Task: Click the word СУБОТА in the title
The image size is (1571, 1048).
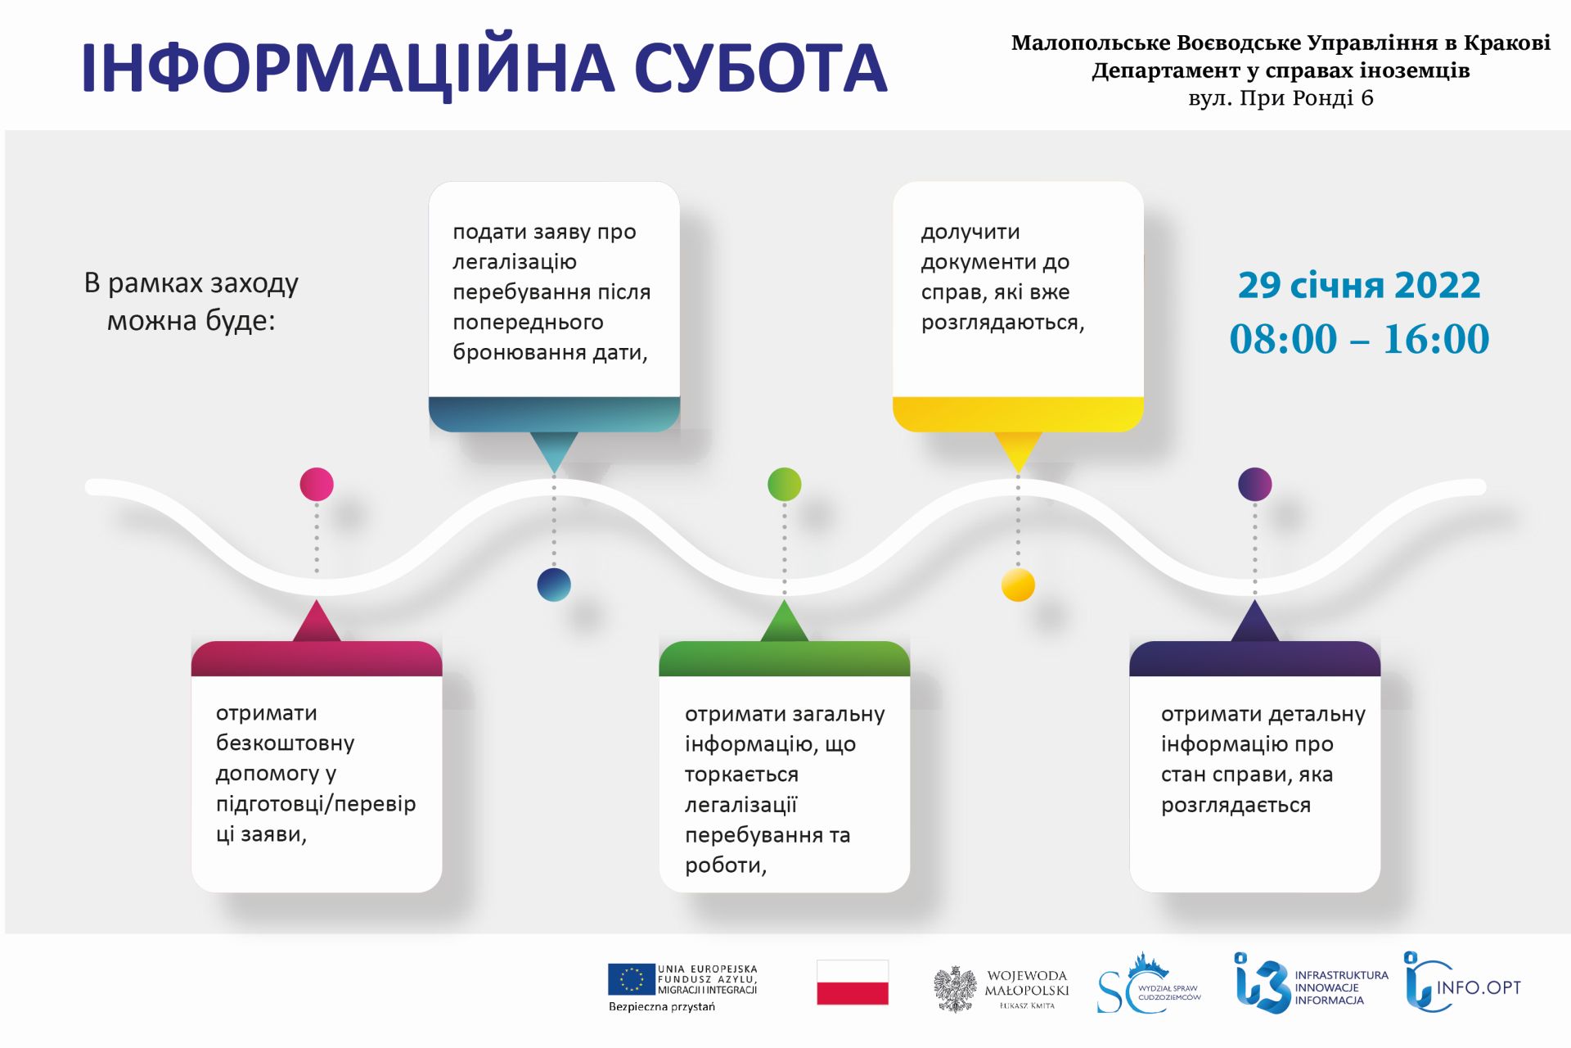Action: click(760, 68)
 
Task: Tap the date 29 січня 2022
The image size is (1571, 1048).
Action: click(1359, 285)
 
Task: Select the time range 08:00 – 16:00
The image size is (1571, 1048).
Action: click(1359, 338)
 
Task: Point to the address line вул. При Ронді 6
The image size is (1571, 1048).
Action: click(1281, 98)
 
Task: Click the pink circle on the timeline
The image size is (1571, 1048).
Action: click(317, 484)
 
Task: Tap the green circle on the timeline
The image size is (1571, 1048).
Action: click(784, 484)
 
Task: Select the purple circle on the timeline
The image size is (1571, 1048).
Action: click(1254, 484)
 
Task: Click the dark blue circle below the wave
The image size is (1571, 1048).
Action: click(554, 585)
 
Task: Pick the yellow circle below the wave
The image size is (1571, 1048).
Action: click(1018, 585)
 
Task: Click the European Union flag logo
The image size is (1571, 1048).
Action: click(631, 979)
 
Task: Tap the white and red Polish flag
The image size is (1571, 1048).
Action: click(853, 982)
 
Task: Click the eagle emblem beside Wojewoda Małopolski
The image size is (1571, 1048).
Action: click(956, 989)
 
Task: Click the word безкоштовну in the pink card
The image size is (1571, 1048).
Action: click(285, 743)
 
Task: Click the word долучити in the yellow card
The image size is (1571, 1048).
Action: click(970, 233)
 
